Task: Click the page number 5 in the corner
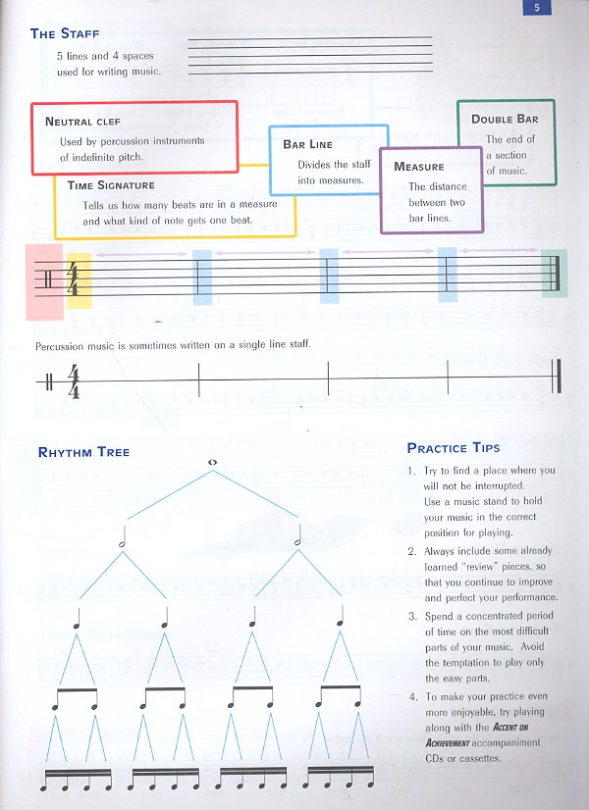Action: pyautogui.click(x=537, y=9)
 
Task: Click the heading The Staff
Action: pyautogui.click(x=65, y=33)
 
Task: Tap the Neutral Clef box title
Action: pyautogui.click(x=82, y=122)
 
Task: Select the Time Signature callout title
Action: pyautogui.click(x=111, y=184)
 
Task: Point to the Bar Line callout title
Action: pyautogui.click(x=307, y=144)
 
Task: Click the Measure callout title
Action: pyautogui.click(x=419, y=167)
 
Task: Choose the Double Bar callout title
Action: pyautogui.click(x=505, y=120)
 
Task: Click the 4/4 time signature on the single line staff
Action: pyautogui.click(x=72, y=380)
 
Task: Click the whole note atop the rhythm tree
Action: pyautogui.click(x=214, y=463)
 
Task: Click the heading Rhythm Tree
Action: pyautogui.click(x=83, y=452)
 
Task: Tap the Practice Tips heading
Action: pyautogui.click(x=453, y=448)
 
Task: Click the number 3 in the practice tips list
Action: pyautogui.click(x=411, y=616)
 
